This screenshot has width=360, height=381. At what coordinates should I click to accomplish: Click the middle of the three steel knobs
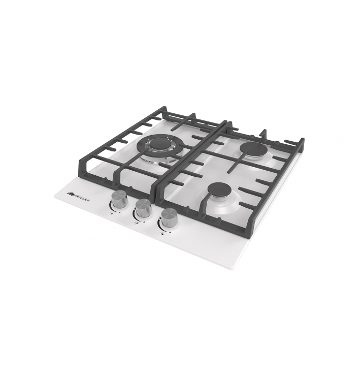(142, 208)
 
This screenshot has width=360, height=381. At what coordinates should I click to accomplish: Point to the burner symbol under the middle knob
(136, 223)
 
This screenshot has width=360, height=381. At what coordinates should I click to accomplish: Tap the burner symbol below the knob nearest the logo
(112, 213)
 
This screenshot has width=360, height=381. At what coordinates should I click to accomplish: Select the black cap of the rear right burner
(251, 149)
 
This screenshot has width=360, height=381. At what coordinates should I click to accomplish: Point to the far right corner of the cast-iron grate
(304, 139)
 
